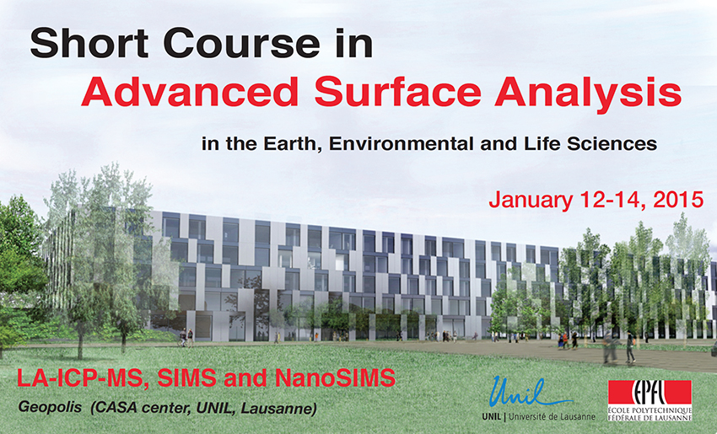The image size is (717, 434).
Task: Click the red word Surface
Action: click(x=398, y=90)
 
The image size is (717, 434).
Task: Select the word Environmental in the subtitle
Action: click(x=402, y=144)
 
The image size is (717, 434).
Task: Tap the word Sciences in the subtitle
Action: click(x=612, y=144)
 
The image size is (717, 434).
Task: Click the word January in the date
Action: click(x=531, y=201)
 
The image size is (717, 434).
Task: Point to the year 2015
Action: click(x=678, y=200)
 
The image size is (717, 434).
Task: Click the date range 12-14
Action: click(x=612, y=200)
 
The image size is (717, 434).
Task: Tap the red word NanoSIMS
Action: click(x=335, y=378)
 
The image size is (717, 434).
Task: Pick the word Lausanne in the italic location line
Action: click(x=278, y=409)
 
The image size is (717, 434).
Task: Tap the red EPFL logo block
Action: click(x=650, y=392)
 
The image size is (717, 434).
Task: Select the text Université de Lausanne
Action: click(x=552, y=416)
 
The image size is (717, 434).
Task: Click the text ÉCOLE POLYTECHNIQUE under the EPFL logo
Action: click(x=650, y=410)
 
